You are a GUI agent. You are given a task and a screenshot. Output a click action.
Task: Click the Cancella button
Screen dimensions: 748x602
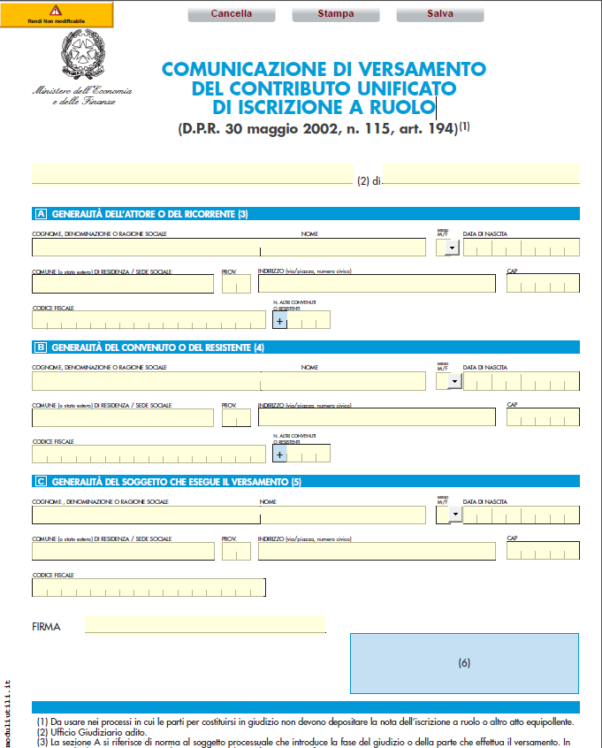(232, 13)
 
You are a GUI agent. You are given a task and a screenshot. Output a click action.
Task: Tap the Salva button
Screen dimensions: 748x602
(440, 13)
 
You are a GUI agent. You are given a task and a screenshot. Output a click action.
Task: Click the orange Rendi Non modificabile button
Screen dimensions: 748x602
(57, 14)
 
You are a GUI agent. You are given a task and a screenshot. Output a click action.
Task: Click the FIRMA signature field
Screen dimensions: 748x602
(205, 624)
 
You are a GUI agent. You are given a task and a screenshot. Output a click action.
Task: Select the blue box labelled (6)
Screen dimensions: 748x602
(464, 663)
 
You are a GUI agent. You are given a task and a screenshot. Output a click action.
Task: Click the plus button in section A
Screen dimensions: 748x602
(280, 322)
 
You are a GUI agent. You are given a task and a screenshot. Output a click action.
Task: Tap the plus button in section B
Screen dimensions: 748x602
(280, 454)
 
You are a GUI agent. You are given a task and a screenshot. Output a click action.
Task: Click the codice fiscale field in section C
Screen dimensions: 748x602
(149, 587)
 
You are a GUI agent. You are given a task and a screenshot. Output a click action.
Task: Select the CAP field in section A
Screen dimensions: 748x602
(543, 284)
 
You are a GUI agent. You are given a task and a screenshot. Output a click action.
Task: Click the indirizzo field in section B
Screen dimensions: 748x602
(377, 417)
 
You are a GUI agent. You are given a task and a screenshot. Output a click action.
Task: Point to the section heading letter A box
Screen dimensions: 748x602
(41, 214)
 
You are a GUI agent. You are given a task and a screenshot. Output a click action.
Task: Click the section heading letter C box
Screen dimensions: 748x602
(41, 482)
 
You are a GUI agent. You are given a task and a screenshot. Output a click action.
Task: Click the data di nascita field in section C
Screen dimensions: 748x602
(522, 515)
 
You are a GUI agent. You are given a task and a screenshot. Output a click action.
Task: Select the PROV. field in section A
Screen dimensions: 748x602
(236, 284)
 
